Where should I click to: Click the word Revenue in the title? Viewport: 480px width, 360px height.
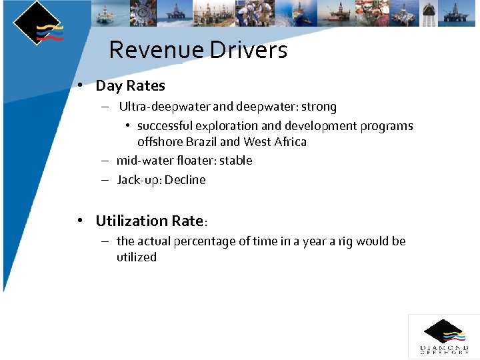(157, 50)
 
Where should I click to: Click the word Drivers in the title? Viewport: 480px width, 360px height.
(249, 50)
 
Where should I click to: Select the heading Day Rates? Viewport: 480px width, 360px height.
(130, 85)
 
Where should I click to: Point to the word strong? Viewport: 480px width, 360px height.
(319, 107)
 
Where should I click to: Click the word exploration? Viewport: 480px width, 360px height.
(226, 126)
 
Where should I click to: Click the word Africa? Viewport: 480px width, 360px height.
(290, 142)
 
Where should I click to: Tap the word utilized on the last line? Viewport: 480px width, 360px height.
(137, 257)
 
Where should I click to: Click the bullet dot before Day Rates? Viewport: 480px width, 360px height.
(80, 85)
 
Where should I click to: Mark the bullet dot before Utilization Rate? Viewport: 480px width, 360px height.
(80, 221)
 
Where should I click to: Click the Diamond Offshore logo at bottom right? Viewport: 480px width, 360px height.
(444, 337)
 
